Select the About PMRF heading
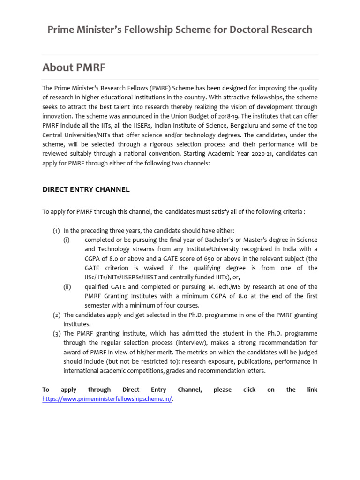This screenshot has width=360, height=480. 74,67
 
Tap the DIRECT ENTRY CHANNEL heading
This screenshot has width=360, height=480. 86,189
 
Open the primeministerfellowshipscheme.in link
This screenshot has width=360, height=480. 107,399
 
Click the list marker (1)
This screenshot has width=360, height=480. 56,230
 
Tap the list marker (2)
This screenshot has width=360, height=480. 56,315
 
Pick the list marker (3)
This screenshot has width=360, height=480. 56,333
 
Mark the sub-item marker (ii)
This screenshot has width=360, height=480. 67,286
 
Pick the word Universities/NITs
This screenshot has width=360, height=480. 88,135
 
